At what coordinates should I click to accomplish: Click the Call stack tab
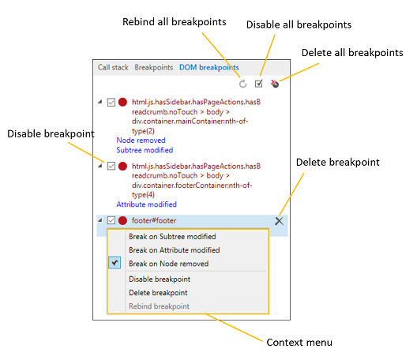coord(112,68)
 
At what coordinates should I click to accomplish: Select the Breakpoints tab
coord(153,68)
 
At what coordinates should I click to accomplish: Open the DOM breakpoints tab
coord(208,68)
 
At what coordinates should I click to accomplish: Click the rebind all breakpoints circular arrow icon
coord(242,84)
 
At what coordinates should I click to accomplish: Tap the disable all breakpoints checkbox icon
coord(258,84)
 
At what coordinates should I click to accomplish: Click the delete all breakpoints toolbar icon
coord(275,84)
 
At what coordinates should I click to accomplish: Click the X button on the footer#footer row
coord(279,221)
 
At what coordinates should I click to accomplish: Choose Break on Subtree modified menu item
coord(171,236)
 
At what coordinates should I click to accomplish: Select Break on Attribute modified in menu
coord(173,249)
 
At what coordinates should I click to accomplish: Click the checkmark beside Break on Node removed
coord(115,264)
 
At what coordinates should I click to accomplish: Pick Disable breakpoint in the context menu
coord(159,279)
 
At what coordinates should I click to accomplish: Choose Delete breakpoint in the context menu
coord(158,293)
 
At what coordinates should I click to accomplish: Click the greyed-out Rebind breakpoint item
coord(159,306)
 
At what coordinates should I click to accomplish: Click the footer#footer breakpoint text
coord(154,221)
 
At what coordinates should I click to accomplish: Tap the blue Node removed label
coord(141,140)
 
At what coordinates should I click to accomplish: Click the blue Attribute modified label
coord(146,204)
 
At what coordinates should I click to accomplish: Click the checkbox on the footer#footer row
coord(111,221)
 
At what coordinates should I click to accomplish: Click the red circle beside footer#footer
coord(122,221)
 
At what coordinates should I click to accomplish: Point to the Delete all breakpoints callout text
coord(352,53)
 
